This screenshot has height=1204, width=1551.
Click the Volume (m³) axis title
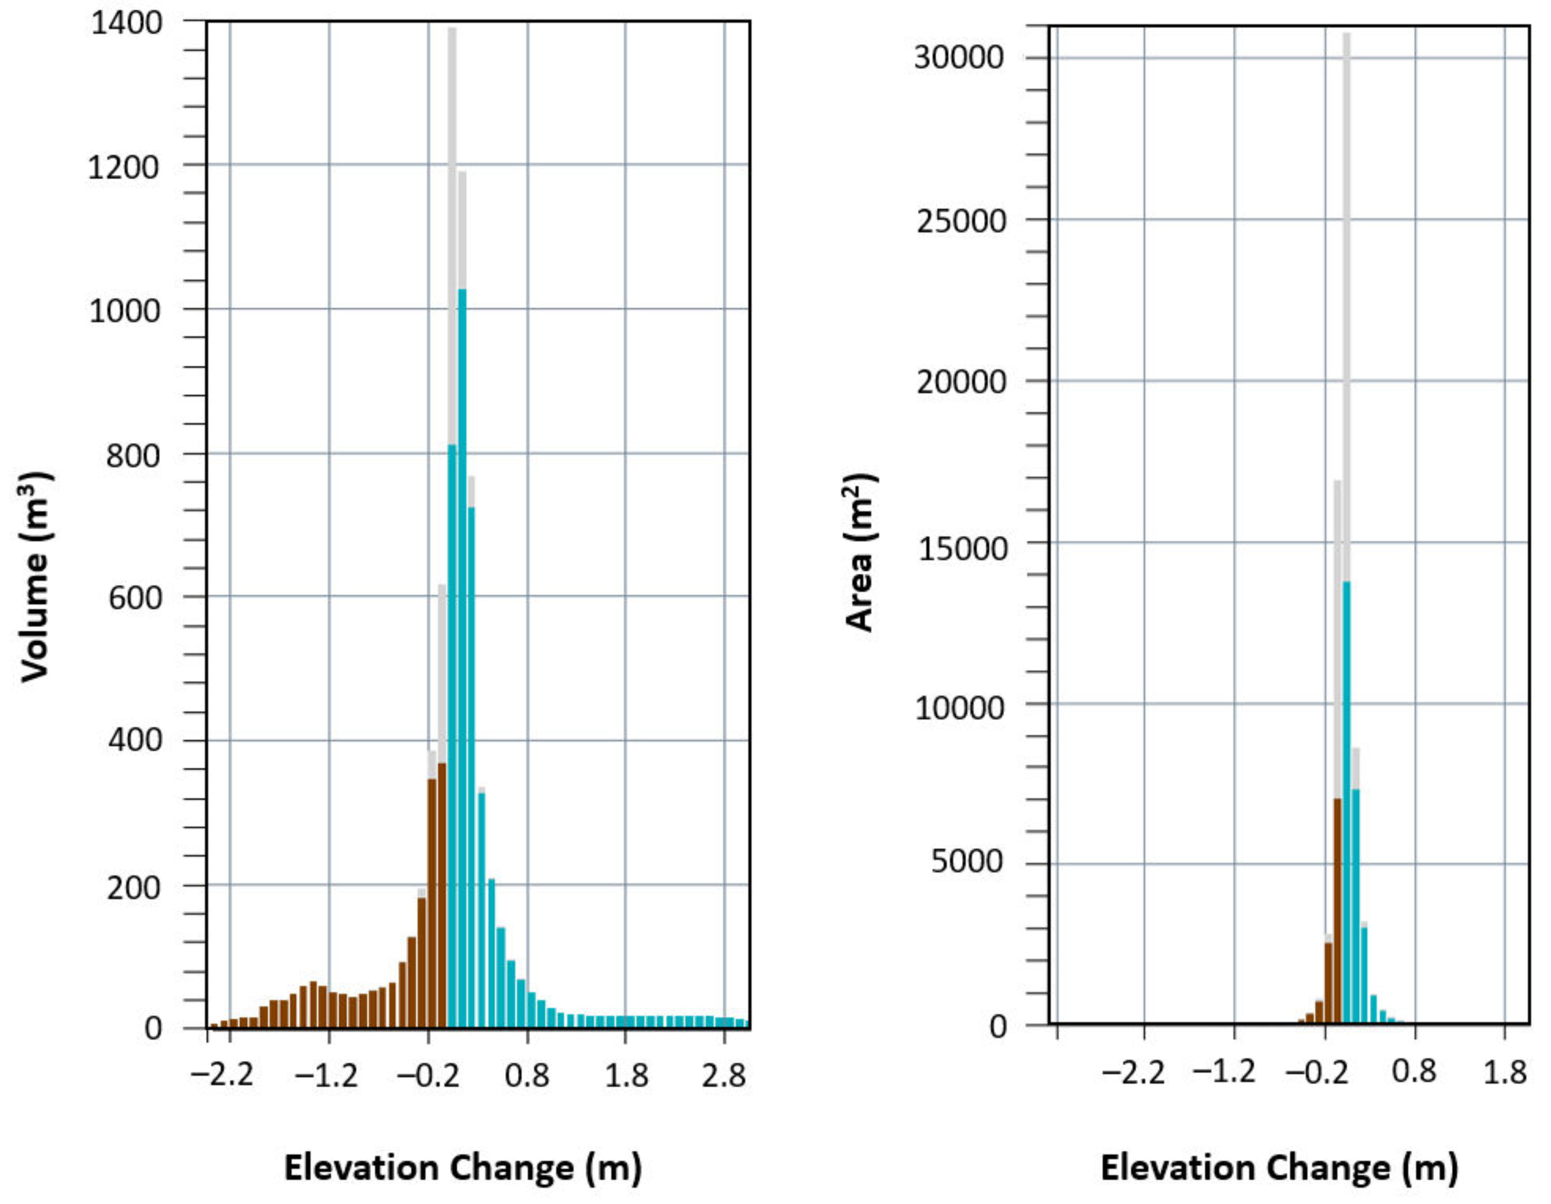(x=35, y=576)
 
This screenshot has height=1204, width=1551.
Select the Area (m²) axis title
(x=861, y=552)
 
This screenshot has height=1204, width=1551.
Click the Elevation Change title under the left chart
(x=463, y=1168)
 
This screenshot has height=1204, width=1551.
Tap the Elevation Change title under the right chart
(x=1279, y=1168)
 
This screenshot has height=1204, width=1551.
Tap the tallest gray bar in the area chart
(x=1346, y=305)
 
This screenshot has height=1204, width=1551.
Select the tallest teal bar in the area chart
(x=1346, y=803)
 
